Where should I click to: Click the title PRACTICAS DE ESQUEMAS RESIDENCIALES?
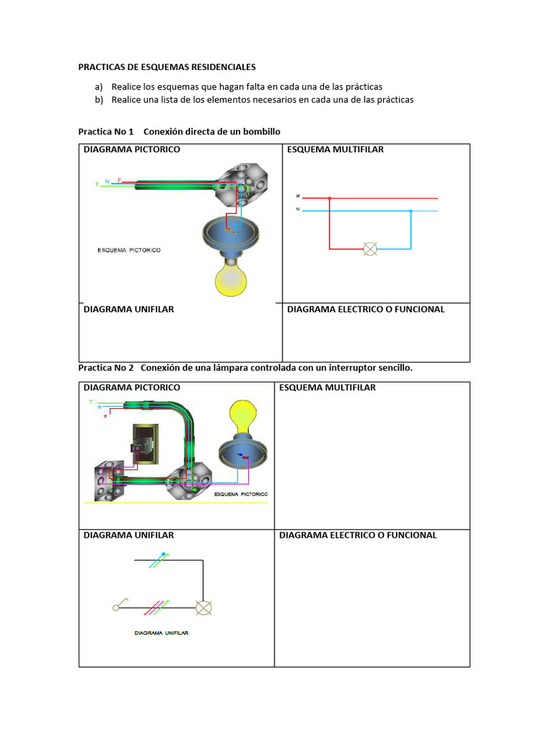pos(167,67)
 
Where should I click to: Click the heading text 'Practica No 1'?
pos(106,132)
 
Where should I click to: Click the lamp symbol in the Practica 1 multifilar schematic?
pos(370,249)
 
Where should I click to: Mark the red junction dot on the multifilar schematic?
pos(329,198)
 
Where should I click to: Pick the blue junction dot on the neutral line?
pos(411,211)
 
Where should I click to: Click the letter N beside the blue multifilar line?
pos(297,209)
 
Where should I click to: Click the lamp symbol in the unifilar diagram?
pos(204,608)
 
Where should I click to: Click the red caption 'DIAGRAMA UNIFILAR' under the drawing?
pos(162,633)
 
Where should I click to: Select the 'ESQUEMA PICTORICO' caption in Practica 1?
pos(129,250)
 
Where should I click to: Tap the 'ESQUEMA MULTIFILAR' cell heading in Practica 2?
pos(327,387)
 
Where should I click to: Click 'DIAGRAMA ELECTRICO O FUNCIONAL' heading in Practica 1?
pos(365,310)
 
